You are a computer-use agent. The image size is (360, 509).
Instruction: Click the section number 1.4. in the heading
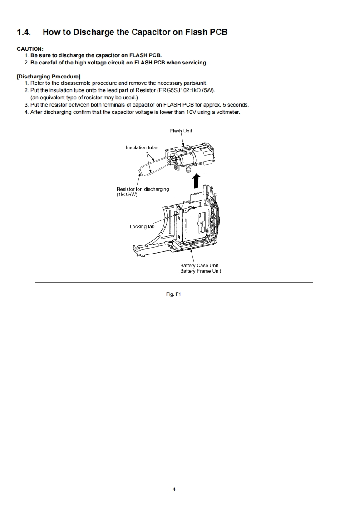point(25,32)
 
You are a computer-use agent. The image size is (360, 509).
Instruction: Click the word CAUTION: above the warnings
point(30,49)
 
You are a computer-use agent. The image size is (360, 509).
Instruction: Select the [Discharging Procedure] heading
point(48,76)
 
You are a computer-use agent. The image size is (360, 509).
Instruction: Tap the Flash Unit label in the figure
point(181,131)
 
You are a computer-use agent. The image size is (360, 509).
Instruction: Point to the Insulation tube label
point(141,147)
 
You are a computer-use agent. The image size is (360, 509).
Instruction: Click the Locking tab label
point(142,226)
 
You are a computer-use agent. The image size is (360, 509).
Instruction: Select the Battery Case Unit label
point(199,265)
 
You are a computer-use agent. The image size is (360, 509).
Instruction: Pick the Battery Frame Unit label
point(200,271)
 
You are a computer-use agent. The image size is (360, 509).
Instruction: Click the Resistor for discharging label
point(143,189)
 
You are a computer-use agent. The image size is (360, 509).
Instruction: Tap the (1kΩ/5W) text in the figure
point(127,195)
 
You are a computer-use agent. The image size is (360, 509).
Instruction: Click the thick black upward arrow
point(196,180)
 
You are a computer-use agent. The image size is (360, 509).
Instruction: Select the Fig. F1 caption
point(174,294)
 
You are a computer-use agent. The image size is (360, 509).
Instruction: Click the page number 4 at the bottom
point(174,489)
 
